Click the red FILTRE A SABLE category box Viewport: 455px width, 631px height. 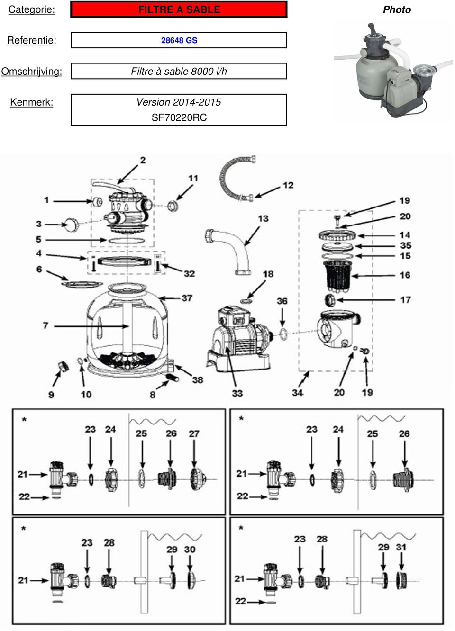pyautogui.click(x=179, y=9)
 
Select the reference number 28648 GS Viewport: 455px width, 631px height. pyautogui.click(x=179, y=40)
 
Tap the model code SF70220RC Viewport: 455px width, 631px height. pyautogui.click(x=179, y=117)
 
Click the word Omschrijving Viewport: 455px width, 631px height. pyautogui.click(x=31, y=72)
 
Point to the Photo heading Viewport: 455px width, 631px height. pyautogui.click(x=397, y=9)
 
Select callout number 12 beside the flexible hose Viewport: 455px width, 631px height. pyautogui.click(x=288, y=185)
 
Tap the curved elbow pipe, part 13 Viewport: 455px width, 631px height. pyautogui.click(x=232, y=249)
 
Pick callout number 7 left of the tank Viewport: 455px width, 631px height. pyautogui.click(x=45, y=325)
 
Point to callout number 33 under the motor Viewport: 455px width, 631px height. pyautogui.click(x=237, y=393)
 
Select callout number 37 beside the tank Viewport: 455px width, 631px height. pyautogui.click(x=187, y=298)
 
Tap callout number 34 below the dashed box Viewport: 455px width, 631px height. pyautogui.click(x=297, y=393)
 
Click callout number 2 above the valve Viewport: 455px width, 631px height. pyautogui.click(x=143, y=160)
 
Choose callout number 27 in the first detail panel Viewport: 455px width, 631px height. pyautogui.click(x=194, y=433)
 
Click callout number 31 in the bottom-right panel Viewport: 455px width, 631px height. pyautogui.click(x=401, y=547)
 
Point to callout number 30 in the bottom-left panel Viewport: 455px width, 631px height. pyautogui.click(x=190, y=549)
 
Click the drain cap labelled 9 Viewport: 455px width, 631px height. pyautogui.click(x=63, y=367)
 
